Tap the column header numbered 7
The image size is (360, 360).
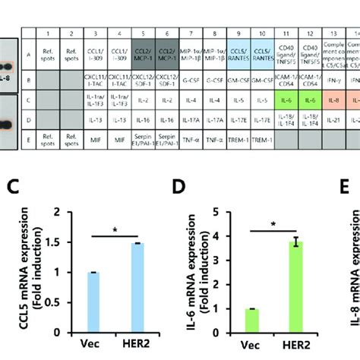click(191, 34)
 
